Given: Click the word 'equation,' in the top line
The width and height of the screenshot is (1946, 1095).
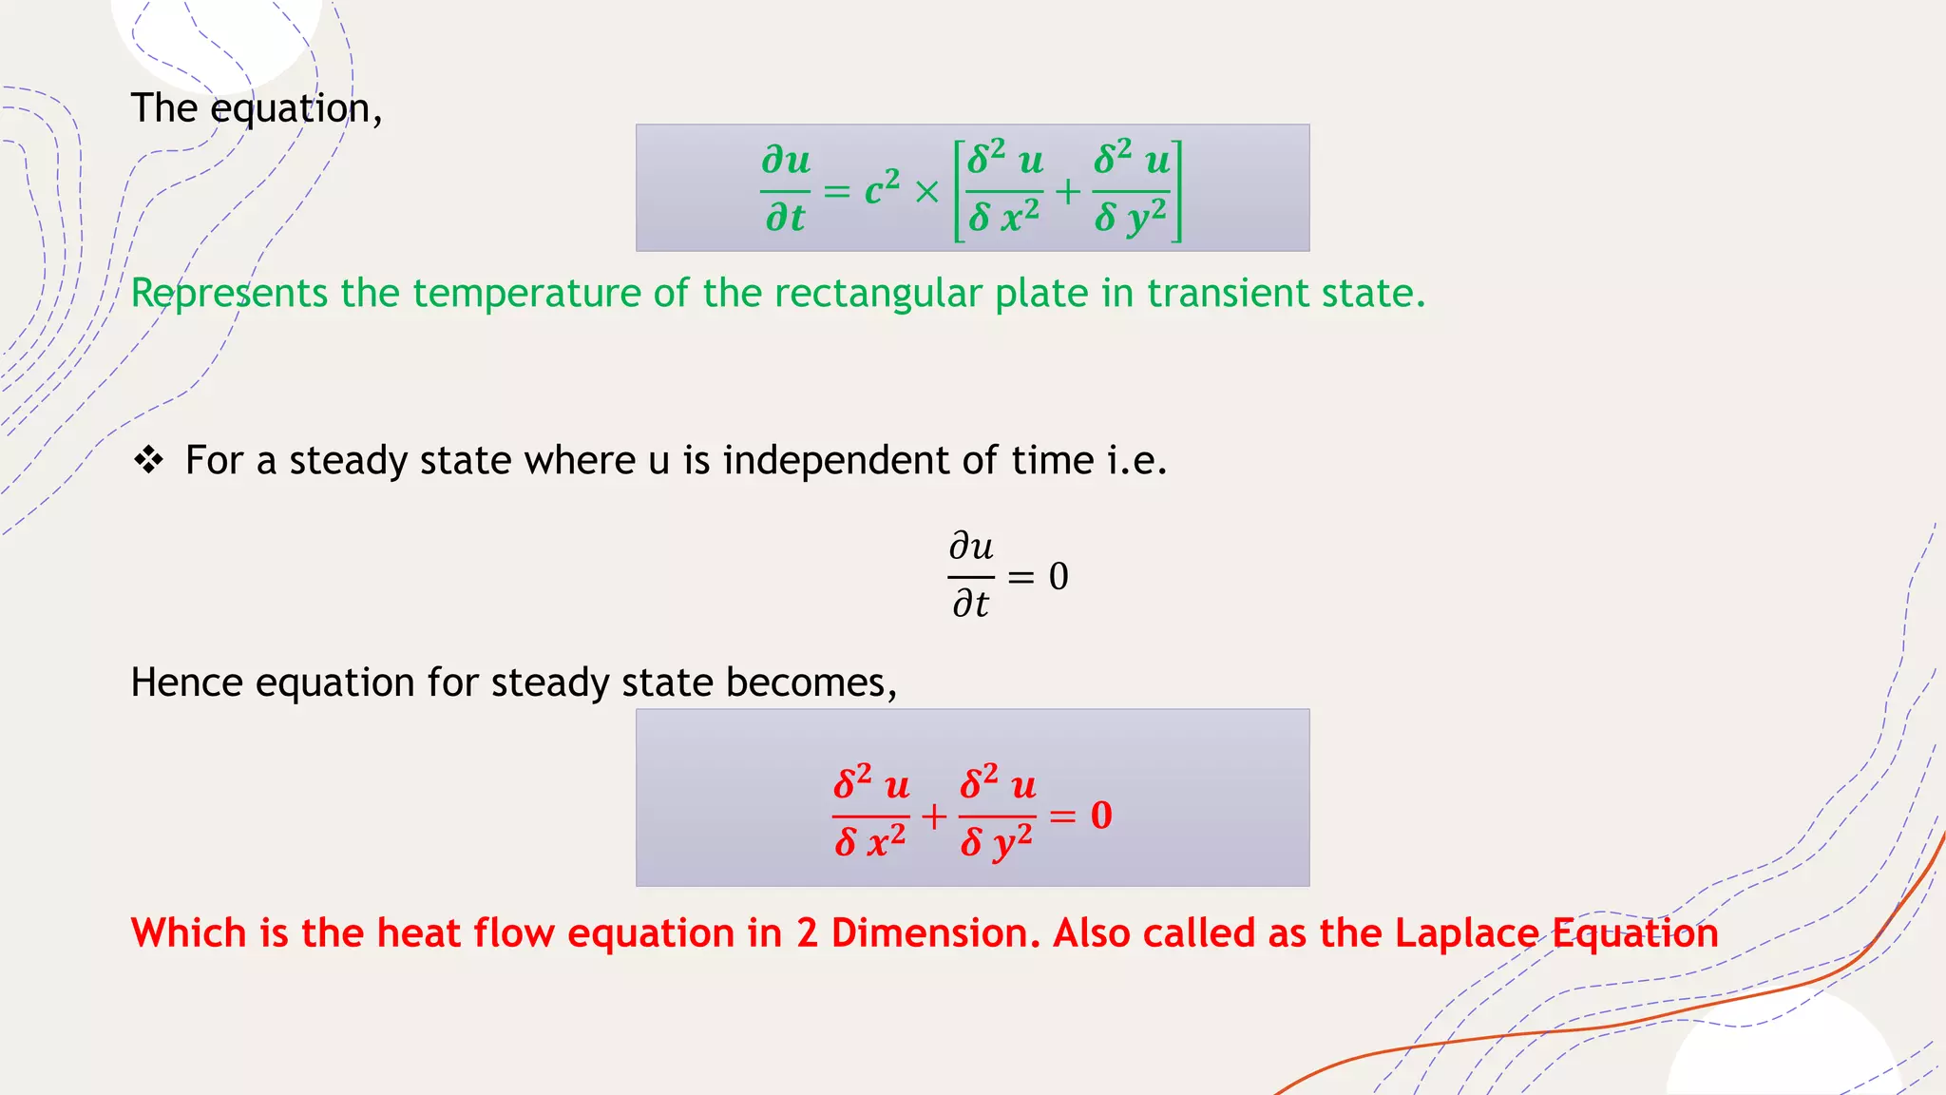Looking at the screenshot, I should coord(296,109).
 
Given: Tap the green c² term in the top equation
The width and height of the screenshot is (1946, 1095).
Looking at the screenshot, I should coord(882,188).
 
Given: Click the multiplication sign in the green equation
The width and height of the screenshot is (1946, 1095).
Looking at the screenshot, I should coord(926,192).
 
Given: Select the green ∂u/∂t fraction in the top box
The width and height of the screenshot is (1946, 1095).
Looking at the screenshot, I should coord(786,188).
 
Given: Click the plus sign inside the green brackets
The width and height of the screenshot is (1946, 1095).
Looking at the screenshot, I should coord(1068,191).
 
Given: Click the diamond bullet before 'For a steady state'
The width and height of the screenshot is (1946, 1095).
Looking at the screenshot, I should coord(149,460).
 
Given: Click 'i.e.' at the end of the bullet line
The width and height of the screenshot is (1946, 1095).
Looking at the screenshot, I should coord(1136,461).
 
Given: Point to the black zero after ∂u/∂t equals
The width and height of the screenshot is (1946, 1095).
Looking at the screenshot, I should coord(1059,576).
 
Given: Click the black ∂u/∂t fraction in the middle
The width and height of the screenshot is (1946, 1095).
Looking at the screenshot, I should coord(971,575).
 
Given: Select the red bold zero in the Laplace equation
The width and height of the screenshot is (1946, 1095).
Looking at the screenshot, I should coord(1101,816).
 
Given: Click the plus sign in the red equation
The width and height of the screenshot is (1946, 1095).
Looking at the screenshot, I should coord(934,816).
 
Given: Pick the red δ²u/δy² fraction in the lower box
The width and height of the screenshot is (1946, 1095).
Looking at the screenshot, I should coord(997,814).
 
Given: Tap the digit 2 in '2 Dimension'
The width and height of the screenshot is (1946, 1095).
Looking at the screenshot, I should coord(807,933).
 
